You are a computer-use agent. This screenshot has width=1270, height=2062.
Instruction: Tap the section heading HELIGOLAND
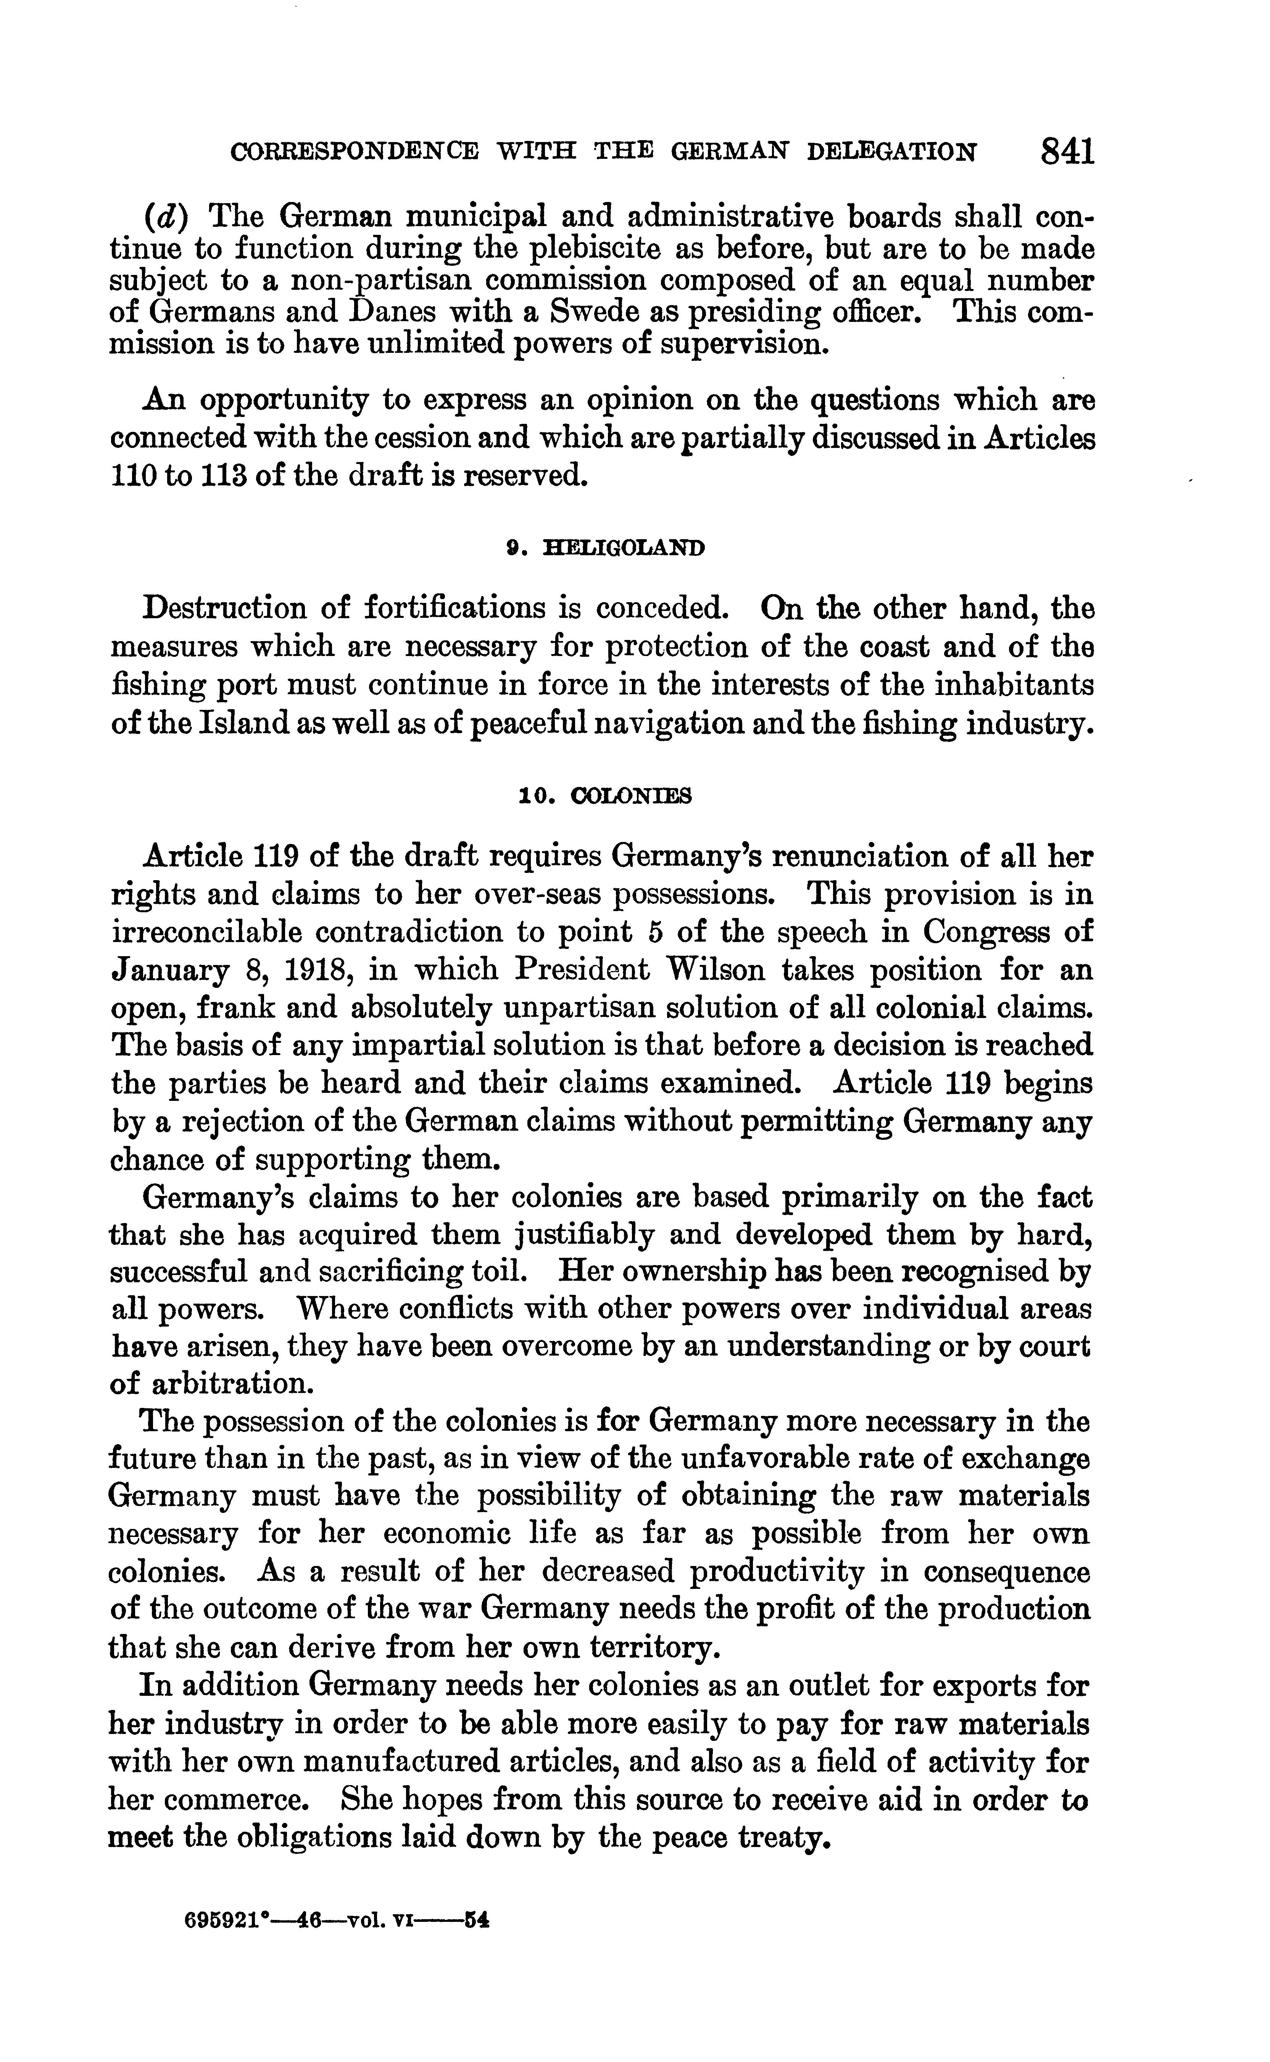[624, 549]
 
